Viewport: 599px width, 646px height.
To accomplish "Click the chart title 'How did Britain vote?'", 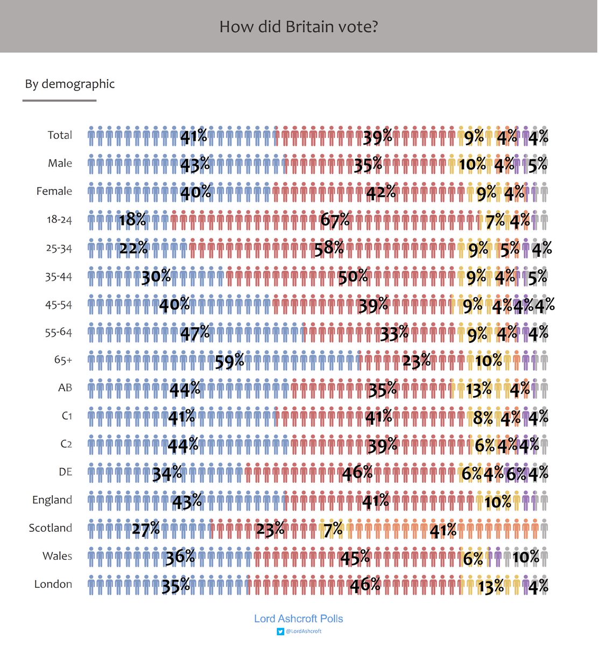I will click(x=299, y=26).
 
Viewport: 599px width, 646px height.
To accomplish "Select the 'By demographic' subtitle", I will click(x=70, y=84).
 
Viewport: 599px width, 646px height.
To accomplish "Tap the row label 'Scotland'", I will click(x=51, y=528).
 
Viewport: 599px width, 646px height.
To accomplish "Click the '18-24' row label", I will click(x=59, y=220).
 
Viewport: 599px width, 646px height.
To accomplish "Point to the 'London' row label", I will click(x=53, y=584).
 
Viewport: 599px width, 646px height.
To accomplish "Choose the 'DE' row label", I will click(x=65, y=472).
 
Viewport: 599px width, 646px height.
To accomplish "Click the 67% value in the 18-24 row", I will click(x=335, y=220).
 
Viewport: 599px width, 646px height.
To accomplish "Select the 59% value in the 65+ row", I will click(x=230, y=360).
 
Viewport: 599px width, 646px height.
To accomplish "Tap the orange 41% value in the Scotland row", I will click(x=443, y=530).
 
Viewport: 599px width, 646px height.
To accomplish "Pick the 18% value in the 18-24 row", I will click(x=132, y=220).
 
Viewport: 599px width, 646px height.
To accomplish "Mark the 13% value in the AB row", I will click(x=479, y=389).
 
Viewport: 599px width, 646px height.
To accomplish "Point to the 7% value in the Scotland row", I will click(x=333, y=530).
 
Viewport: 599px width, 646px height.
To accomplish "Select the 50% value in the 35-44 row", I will click(x=353, y=277).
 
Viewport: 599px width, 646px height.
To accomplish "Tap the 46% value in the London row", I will click(x=365, y=585).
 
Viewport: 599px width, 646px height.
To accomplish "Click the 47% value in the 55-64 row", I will click(x=195, y=333).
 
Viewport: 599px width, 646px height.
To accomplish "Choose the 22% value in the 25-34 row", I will click(x=133, y=248).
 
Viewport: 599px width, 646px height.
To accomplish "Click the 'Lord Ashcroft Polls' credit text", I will click(x=298, y=619).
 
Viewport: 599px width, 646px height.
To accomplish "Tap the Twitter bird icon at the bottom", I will click(x=280, y=631).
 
